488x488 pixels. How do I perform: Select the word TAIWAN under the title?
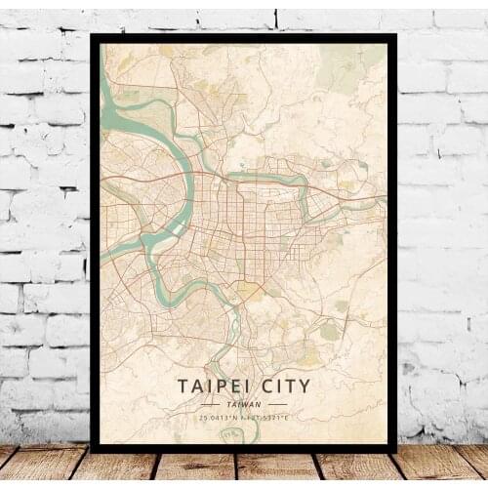click(x=244, y=403)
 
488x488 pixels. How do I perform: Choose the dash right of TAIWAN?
click(x=276, y=403)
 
